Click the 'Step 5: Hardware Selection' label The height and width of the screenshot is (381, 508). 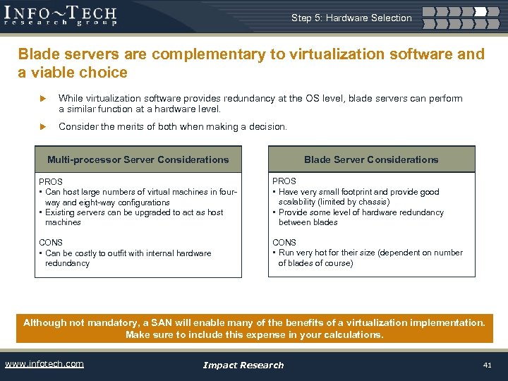click(351, 18)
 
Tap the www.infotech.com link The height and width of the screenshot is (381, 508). click(44, 364)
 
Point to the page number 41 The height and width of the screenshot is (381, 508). click(487, 365)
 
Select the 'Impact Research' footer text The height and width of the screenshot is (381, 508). click(243, 365)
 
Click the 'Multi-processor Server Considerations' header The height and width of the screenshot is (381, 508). click(138, 159)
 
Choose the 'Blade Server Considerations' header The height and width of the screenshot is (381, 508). click(371, 159)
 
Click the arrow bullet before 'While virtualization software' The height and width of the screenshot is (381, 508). click(43, 99)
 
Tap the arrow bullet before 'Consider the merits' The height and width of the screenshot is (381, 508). click(43, 127)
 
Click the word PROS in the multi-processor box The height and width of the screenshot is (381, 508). click(51, 182)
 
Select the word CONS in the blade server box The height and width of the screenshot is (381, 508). click(284, 243)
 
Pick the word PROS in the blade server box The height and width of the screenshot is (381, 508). click(284, 181)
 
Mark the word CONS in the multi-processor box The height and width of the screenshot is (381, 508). click(51, 243)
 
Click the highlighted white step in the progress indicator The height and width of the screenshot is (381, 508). click(480, 11)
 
